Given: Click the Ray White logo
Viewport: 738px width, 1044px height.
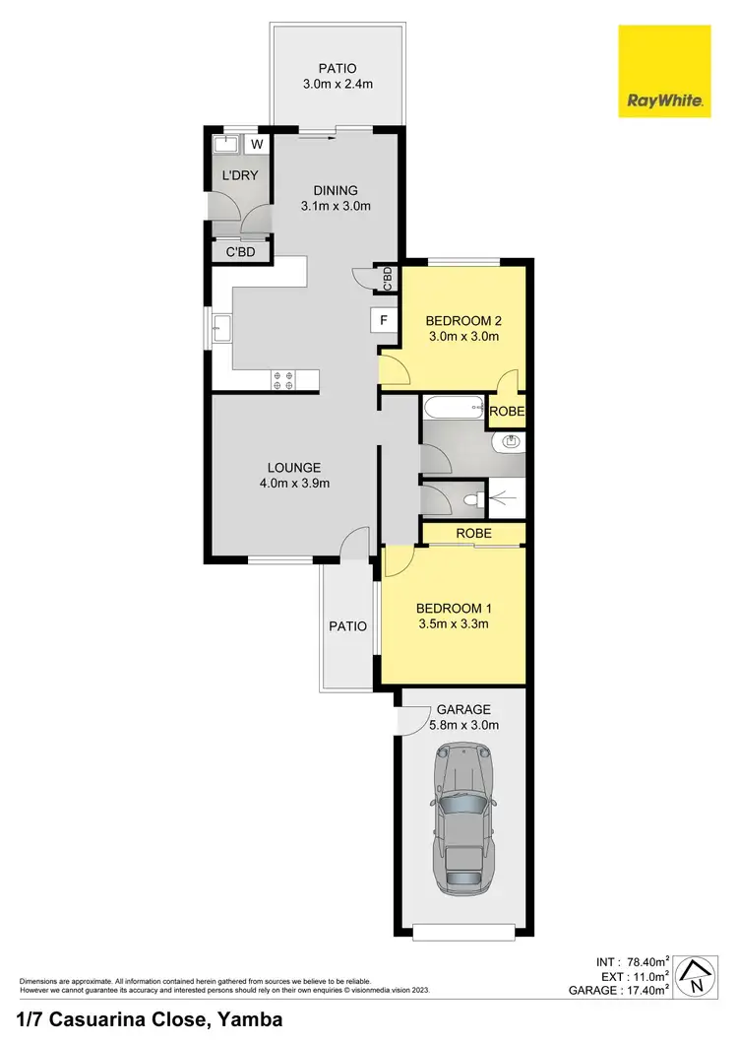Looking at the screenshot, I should tap(664, 72).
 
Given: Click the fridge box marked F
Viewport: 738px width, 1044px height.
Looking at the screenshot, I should tap(383, 319).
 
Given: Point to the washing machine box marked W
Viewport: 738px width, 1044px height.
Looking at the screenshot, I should tap(257, 145).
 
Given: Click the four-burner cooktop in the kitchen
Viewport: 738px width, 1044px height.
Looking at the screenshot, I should tap(283, 379).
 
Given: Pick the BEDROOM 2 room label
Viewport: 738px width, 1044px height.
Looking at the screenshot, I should tap(463, 320).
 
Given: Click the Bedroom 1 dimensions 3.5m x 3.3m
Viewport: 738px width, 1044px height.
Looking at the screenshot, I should tap(453, 623).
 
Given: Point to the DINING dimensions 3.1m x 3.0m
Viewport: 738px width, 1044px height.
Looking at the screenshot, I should tap(335, 207).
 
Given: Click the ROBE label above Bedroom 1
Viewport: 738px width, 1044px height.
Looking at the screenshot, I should tap(472, 533).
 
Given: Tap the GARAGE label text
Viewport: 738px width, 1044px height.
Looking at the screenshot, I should tap(463, 709).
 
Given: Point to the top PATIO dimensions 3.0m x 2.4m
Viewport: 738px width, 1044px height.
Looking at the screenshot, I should tap(338, 84).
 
